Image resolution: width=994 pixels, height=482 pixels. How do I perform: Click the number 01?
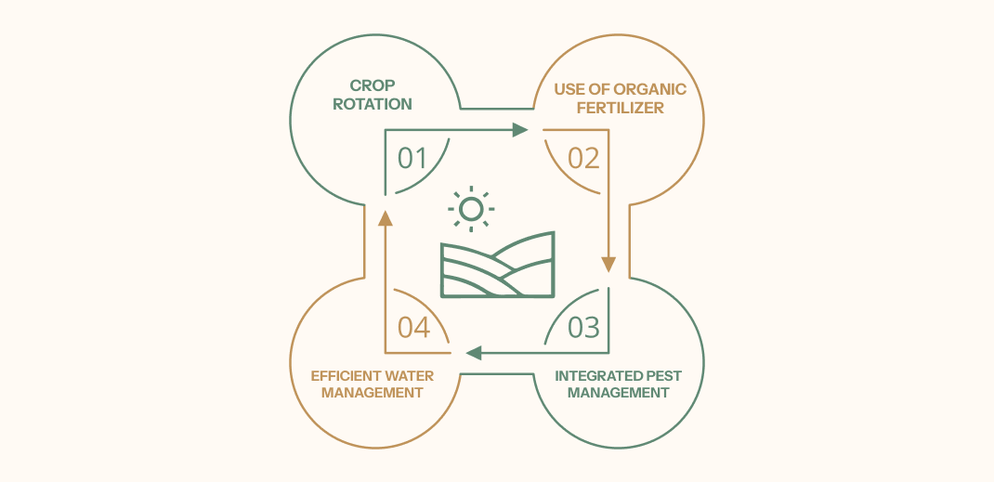click(x=412, y=159)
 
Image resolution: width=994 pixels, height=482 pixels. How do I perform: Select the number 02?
click(x=583, y=159)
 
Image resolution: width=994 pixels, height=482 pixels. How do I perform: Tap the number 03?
click(x=583, y=327)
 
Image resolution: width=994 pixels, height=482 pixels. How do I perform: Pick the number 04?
click(x=413, y=327)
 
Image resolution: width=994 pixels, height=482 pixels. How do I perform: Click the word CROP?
click(x=373, y=85)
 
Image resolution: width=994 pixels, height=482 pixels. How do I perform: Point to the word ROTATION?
click(x=373, y=104)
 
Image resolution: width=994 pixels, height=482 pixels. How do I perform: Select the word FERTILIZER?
click(x=620, y=108)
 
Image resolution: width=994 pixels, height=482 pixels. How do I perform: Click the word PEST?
click(x=661, y=376)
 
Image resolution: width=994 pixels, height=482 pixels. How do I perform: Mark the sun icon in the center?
click(x=471, y=209)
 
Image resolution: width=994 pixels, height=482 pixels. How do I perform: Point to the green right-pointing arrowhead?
click(x=520, y=130)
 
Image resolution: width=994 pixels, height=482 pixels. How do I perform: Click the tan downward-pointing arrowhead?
click(x=608, y=264)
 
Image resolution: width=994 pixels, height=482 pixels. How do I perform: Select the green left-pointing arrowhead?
click(x=474, y=353)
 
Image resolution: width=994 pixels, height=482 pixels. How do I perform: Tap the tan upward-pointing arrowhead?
click(x=386, y=218)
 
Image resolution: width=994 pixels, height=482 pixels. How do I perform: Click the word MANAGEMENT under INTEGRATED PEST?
click(x=618, y=393)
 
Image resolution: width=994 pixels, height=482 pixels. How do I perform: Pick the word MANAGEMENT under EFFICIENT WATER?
click(x=373, y=393)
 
